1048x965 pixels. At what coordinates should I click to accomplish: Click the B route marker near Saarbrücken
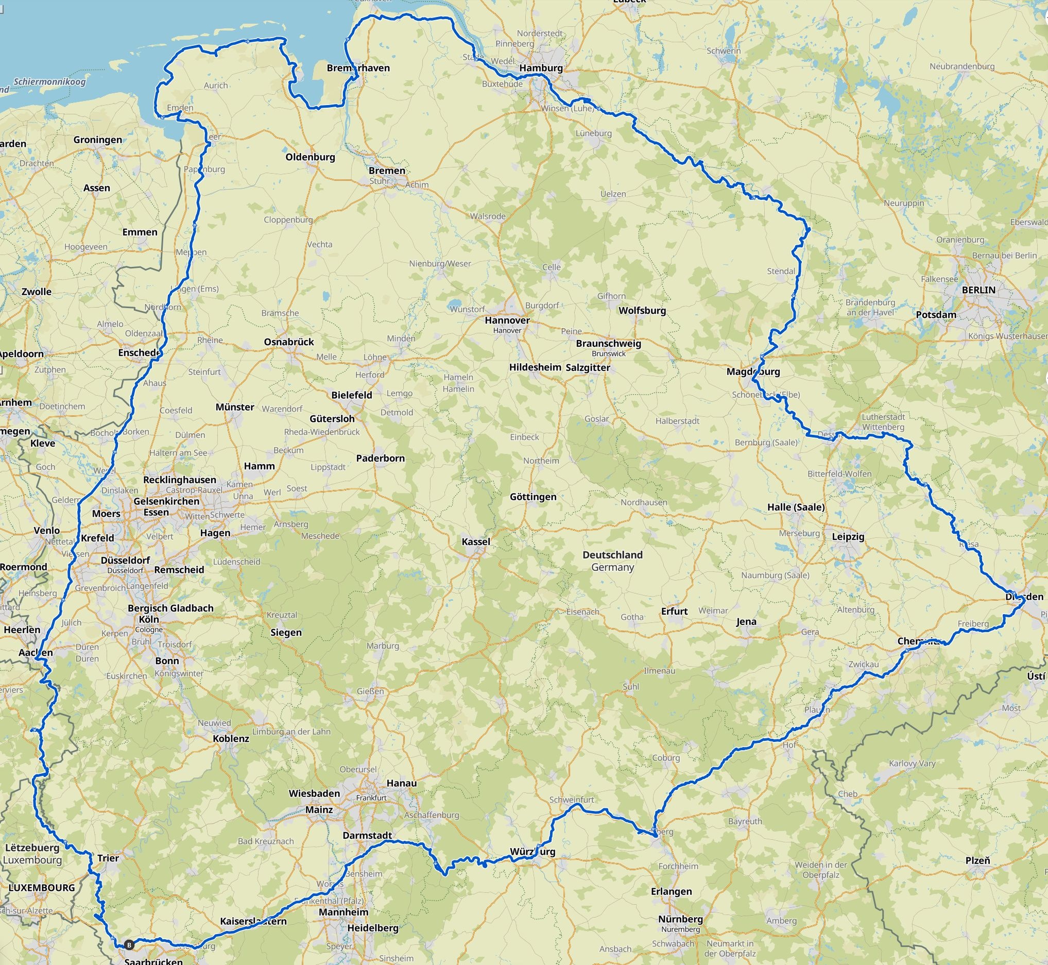(x=129, y=944)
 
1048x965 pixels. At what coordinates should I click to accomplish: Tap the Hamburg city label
(x=541, y=68)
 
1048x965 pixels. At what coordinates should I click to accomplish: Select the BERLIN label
(x=978, y=290)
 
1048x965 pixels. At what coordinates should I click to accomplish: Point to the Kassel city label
(x=475, y=541)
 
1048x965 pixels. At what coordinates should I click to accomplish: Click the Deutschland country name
(x=612, y=554)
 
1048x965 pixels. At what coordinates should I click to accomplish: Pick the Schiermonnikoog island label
(x=49, y=81)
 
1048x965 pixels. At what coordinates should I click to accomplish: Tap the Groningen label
(x=98, y=140)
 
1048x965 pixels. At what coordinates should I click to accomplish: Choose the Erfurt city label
(x=674, y=611)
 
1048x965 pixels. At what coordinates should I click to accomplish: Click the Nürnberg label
(x=680, y=919)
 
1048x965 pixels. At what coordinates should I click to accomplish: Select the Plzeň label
(x=977, y=860)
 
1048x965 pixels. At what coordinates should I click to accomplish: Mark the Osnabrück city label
(x=288, y=342)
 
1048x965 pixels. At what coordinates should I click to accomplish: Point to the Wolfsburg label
(x=642, y=310)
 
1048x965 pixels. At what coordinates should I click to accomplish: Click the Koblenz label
(x=231, y=738)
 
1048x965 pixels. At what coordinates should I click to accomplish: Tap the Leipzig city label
(x=848, y=536)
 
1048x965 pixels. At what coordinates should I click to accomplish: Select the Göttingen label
(x=533, y=497)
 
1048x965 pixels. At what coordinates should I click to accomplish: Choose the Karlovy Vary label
(x=912, y=763)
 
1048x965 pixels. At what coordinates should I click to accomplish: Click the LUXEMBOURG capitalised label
(x=42, y=887)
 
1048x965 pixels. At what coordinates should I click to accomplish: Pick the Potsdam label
(x=936, y=314)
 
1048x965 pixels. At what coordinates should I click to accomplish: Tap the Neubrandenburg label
(x=962, y=66)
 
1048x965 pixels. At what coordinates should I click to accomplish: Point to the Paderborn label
(x=380, y=458)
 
